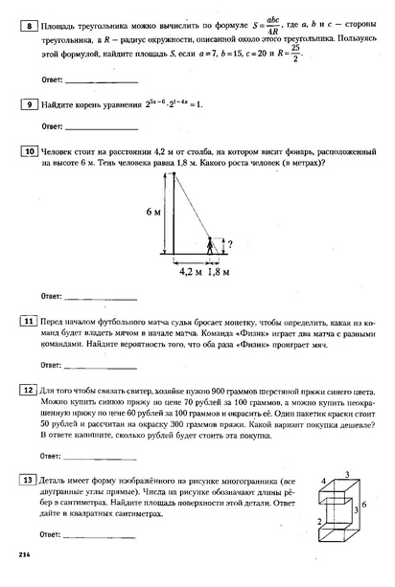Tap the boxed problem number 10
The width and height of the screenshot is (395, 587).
(29, 151)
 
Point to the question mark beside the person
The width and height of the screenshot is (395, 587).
(227, 242)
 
